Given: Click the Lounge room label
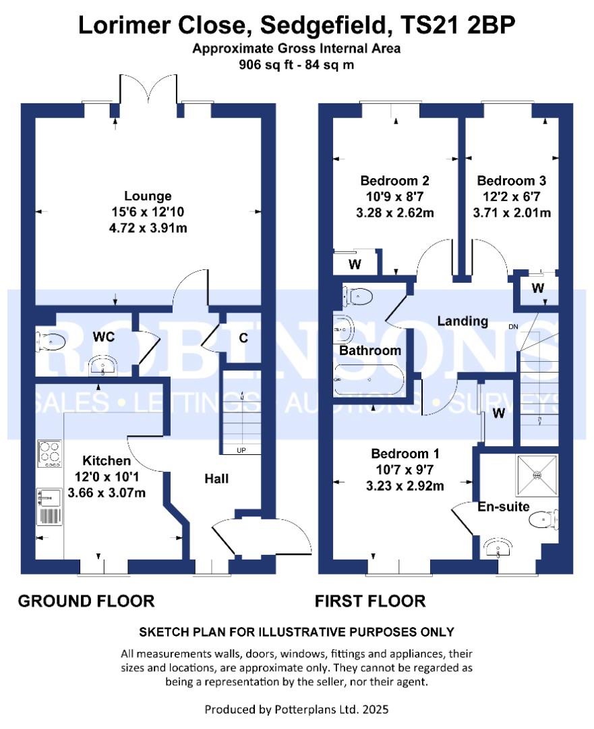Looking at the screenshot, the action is coord(148,196).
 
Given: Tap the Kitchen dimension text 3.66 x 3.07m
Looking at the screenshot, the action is coord(107,492).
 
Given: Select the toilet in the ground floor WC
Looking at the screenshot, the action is coord(51,342).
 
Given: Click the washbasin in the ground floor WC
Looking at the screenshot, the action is coord(102,365).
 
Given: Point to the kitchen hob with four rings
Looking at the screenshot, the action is coord(49,454).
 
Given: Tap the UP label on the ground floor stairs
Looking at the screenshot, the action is coord(241,450).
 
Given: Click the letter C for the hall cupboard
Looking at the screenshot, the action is coord(243,338).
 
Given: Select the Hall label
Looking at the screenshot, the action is coord(216,479).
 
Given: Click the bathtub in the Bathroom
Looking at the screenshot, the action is coord(369,380).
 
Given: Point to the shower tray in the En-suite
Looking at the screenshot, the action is coord(537,475).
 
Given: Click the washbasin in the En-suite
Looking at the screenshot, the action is coord(498,549).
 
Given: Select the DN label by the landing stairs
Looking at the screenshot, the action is coord(513,327).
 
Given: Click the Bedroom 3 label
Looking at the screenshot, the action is coord(511,180).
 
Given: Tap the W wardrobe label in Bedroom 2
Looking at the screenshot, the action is coord(355,265).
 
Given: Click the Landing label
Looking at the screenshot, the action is coord(463,321).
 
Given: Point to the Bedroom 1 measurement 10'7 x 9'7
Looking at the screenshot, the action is coord(405,470).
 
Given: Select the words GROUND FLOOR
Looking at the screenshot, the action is coord(86,601).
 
